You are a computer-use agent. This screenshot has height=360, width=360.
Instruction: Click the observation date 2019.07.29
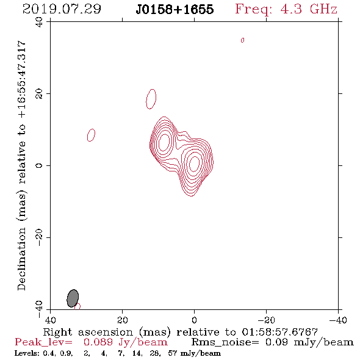coord(62,9)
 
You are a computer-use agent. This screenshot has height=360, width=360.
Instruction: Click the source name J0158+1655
coord(175,9)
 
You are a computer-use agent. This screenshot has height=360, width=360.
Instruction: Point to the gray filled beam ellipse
coord(73,298)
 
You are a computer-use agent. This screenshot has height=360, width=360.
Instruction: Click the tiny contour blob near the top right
coord(242,40)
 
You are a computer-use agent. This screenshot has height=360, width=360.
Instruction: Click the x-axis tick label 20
coord(123,320)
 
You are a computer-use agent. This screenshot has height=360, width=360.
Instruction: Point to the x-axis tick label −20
coord(266,320)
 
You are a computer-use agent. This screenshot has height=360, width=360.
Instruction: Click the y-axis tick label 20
coord(39,94)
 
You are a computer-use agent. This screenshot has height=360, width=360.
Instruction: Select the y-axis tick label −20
coord(39,237)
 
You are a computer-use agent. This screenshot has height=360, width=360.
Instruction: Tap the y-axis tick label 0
coord(39,165)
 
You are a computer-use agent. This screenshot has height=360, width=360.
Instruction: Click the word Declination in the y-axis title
coord(21,259)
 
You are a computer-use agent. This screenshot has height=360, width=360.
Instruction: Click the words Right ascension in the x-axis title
coord(88,332)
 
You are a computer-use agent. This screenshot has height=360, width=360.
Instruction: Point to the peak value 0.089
coord(98,342)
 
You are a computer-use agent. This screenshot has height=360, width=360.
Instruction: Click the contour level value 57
coord(173,353)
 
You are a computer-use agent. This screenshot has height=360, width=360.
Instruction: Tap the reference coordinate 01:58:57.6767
coord(280,332)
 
